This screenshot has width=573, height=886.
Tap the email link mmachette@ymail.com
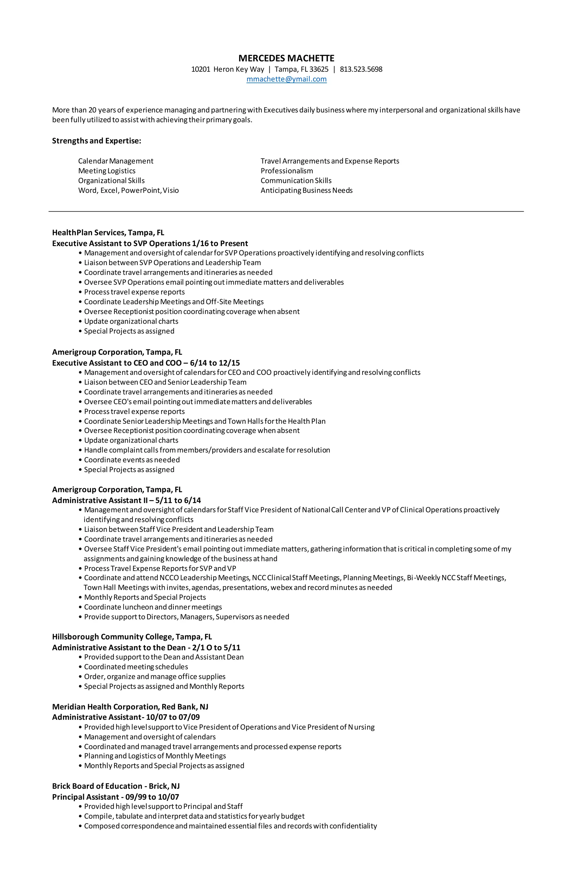pos(286,79)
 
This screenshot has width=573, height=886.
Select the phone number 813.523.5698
pos(361,69)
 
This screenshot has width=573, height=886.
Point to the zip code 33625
pos(319,69)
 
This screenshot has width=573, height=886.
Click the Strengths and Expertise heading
pos(96,141)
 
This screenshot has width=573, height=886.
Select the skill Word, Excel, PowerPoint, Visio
pos(128,190)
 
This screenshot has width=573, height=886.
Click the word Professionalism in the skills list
pos(286,171)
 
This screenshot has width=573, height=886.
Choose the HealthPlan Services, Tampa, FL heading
pos(108,233)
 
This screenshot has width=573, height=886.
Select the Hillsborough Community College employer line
pos(132,637)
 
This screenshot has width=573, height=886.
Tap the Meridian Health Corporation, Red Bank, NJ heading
pos(130,707)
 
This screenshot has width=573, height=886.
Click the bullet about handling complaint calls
pos(207,450)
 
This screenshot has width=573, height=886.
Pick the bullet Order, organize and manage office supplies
pos(154,676)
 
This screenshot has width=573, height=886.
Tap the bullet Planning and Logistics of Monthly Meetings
pos(155,756)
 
